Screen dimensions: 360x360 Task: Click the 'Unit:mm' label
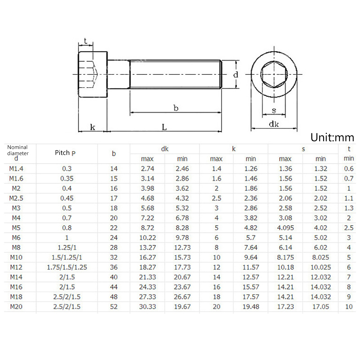click(332, 138)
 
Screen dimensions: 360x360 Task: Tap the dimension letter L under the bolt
click(164, 127)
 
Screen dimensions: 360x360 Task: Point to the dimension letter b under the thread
click(176, 108)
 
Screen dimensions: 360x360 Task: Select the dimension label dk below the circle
click(274, 124)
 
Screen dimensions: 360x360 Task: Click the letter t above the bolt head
click(86, 41)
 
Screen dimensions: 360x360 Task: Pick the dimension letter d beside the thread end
click(236, 75)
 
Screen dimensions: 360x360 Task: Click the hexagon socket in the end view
click(274, 74)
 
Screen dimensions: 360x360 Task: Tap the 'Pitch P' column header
click(65, 153)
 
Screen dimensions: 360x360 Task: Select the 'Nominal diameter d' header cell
click(18, 153)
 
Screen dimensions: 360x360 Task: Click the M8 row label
click(16, 248)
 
